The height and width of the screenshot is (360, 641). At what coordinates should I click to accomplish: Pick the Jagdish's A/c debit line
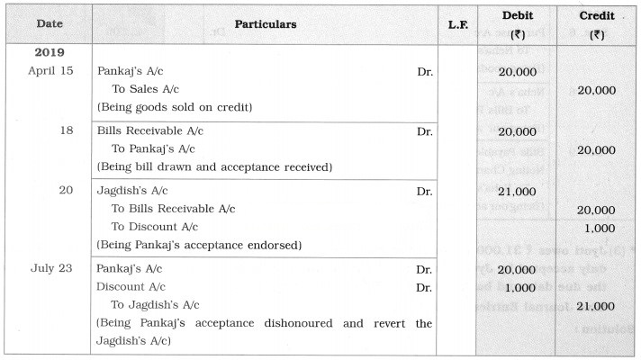132,191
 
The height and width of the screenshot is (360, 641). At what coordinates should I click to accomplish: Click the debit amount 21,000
517,192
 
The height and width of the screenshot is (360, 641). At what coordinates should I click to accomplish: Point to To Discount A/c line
154,227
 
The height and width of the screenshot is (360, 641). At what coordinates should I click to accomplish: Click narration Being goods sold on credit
174,108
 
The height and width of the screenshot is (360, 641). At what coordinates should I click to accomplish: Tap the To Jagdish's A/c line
154,305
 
